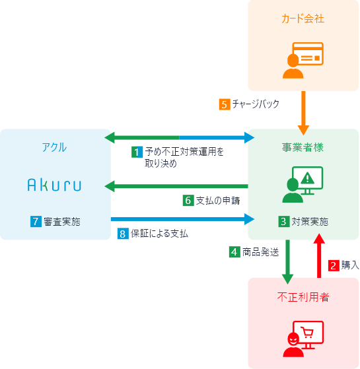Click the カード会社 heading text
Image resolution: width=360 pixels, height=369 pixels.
coord(303,19)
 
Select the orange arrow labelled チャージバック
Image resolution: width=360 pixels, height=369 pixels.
coord(303,111)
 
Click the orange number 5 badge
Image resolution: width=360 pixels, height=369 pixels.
coord(224,104)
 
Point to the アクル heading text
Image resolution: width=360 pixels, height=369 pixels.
coord(54,147)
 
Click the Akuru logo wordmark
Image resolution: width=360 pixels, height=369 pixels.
coord(54,185)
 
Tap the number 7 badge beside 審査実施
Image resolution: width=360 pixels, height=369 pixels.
coord(36,222)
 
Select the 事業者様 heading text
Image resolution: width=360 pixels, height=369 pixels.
coord(303,147)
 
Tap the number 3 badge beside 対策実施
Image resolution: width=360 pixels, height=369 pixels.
coord(283,222)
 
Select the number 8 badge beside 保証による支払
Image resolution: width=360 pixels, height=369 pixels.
coord(122,234)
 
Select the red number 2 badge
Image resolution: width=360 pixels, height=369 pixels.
coord(334,265)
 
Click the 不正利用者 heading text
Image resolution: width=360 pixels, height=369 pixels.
coord(303,297)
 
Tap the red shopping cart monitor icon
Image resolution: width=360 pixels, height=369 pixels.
coord(303,336)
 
